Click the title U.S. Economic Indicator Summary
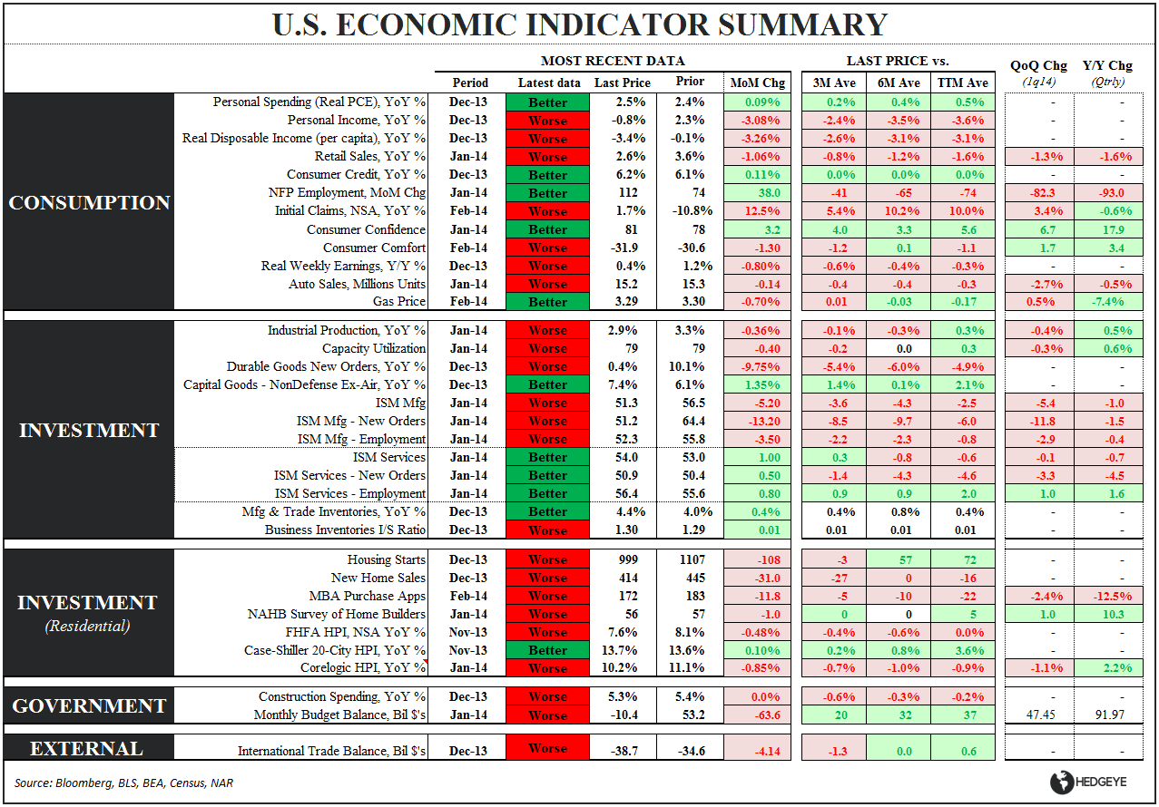click(580, 24)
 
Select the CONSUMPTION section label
click(89, 202)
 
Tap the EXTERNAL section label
click(87, 749)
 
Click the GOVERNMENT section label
click(89, 705)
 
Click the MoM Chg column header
click(758, 83)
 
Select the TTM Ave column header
click(964, 83)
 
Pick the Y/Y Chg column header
click(1107, 65)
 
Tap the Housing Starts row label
click(386, 559)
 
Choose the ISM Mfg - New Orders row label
click(361, 421)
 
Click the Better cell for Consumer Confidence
click(547, 229)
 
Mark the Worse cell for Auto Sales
click(547, 284)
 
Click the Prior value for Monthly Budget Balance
click(689, 715)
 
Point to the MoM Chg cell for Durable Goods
click(758, 366)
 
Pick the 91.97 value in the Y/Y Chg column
click(1107, 715)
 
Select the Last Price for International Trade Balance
click(620, 751)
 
